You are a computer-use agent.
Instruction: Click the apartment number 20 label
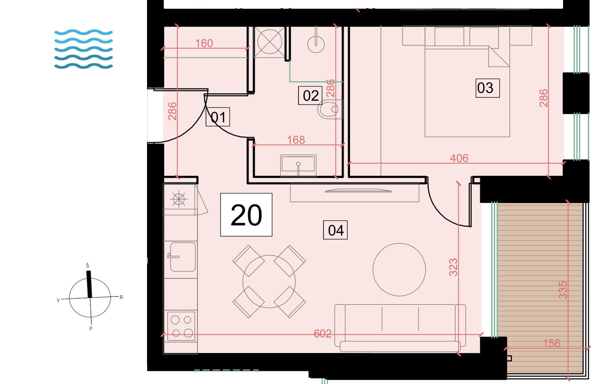point(246,215)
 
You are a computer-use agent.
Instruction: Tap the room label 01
point(218,117)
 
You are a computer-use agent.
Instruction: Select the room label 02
point(310,96)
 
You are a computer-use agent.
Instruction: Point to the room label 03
point(488,88)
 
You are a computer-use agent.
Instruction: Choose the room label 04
point(335,230)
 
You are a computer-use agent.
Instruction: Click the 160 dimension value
point(204,43)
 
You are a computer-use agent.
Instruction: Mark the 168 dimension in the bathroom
point(296,140)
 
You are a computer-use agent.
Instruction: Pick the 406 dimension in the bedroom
point(459,158)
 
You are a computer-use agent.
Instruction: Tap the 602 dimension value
point(323,334)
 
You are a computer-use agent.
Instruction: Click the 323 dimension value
point(453,267)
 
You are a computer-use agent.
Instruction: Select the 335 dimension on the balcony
point(563,290)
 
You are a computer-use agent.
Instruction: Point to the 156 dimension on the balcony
point(552,343)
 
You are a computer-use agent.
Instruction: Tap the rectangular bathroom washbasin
point(298,165)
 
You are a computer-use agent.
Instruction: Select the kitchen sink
point(182,257)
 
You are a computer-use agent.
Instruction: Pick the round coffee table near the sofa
point(399,270)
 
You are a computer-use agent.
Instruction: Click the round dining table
point(269,282)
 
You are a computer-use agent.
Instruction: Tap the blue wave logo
point(84,49)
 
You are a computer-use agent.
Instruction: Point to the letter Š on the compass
point(87,265)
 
